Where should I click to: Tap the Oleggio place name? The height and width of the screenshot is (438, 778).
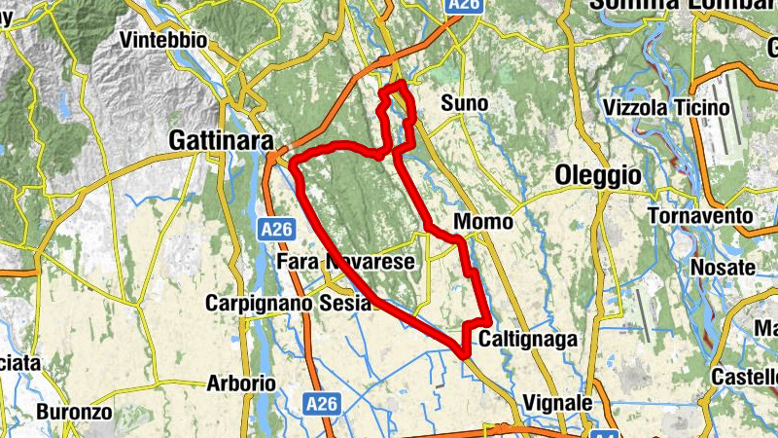[598, 175]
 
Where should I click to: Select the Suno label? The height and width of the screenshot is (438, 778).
[464, 103]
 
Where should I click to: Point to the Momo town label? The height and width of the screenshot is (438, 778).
[482, 223]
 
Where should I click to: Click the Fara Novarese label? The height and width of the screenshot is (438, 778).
[345, 263]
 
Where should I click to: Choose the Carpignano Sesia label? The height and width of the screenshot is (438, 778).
[288, 304]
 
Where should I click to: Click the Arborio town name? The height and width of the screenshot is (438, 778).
[241, 383]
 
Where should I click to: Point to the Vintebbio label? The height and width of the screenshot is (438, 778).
[165, 41]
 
